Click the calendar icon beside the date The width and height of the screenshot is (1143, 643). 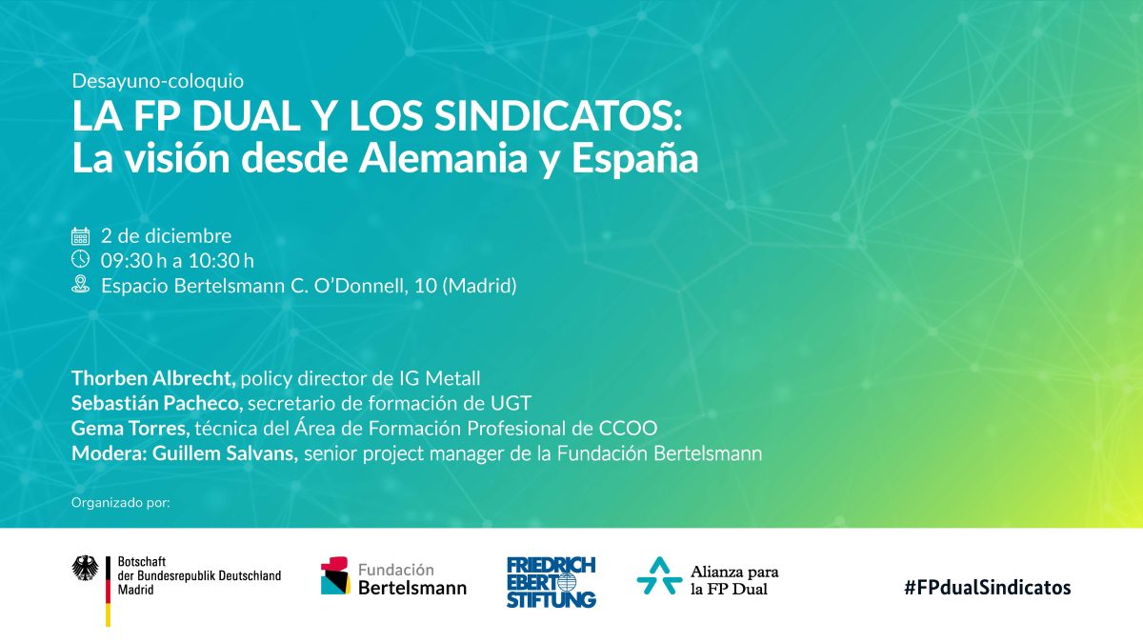pos(80,236)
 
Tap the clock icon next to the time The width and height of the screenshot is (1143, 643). pos(80,259)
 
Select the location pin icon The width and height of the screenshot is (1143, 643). pos(80,284)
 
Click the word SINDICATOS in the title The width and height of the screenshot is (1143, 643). pos(558,116)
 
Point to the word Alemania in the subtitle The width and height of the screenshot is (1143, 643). pos(443,158)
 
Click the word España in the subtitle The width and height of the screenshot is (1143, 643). pos(634,159)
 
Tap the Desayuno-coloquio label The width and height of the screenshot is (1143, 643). pos(158,81)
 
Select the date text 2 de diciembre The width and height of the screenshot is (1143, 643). pos(166,236)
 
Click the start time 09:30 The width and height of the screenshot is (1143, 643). pos(127,261)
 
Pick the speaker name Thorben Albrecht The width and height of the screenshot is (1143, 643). pos(152,378)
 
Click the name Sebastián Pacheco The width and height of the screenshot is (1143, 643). pos(156,403)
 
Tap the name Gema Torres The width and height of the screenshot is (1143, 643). pos(130,428)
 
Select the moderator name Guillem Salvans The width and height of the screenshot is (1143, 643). pos(225,453)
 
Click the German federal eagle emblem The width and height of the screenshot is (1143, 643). pos(85,568)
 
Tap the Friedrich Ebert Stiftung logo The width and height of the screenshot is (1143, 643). pos(551,582)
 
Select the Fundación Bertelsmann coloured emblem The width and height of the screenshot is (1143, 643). pos(335,575)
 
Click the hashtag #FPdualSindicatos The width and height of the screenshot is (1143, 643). pos(988,588)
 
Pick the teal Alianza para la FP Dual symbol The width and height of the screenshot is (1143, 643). pos(659,575)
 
